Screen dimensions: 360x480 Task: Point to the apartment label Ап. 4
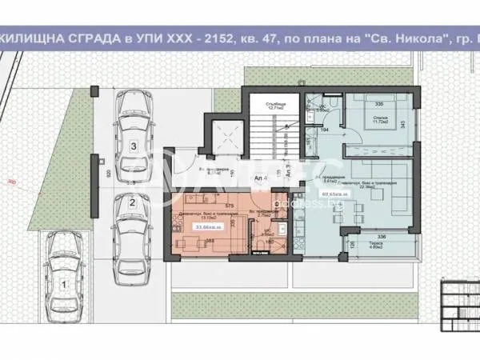pyautogui.click(x=261, y=179)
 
